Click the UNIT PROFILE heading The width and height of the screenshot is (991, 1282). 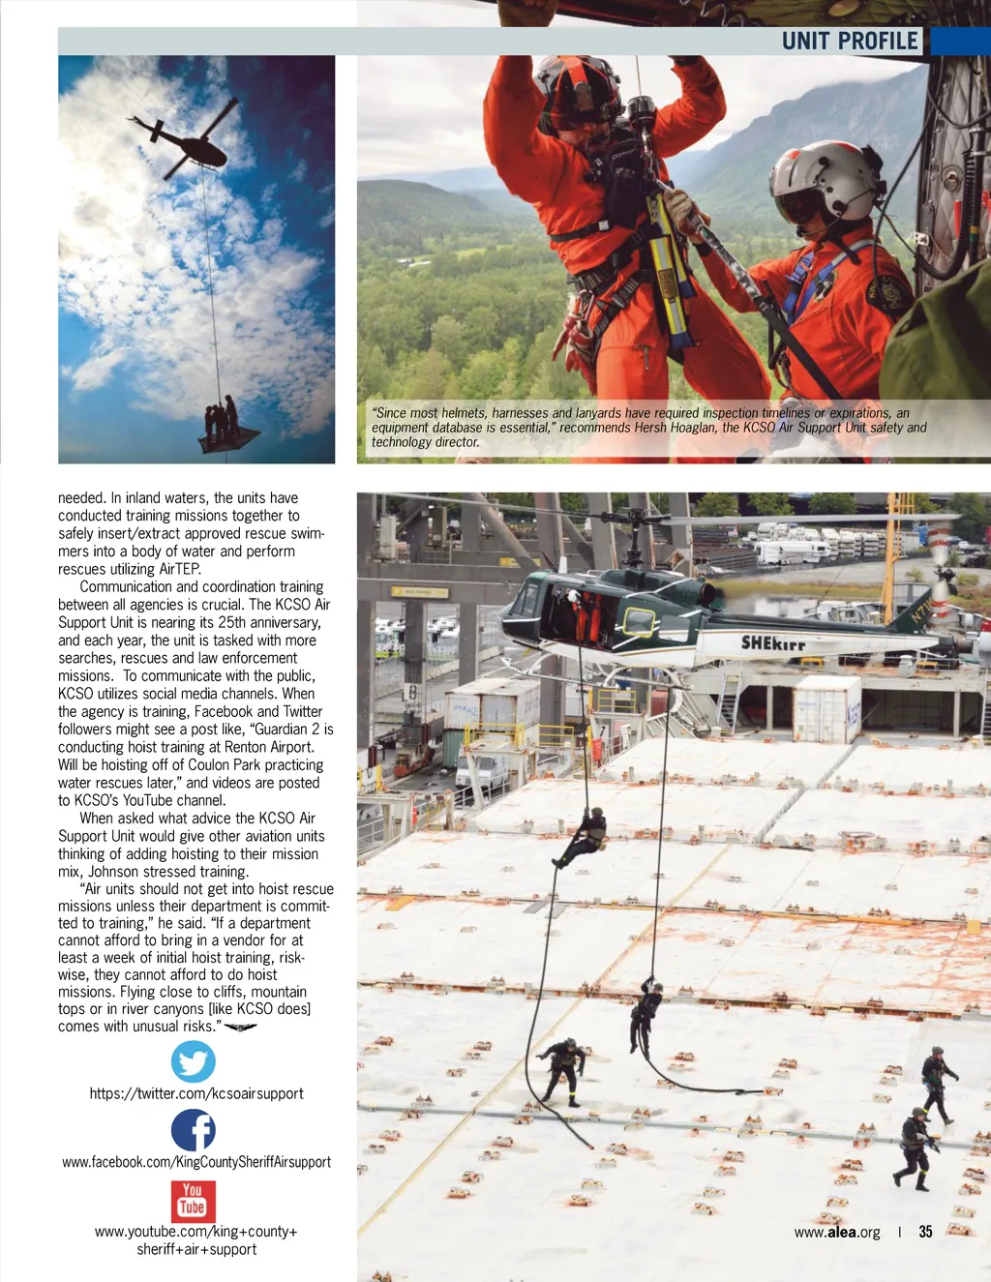[x=850, y=41]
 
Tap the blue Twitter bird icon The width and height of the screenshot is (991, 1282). [x=194, y=1061]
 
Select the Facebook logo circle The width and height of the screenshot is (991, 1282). [x=194, y=1130]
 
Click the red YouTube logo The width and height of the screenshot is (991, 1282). [x=194, y=1202]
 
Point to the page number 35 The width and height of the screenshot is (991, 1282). [x=925, y=1232]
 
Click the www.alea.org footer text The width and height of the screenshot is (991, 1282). [x=837, y=1233]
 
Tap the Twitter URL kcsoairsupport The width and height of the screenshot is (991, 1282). [x=196, y=1093]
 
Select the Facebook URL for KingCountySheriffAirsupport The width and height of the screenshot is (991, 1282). [x=196, y=1162]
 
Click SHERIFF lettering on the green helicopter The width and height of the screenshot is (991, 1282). [x=773, y=643]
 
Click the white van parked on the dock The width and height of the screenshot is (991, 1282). [x=481, y=770]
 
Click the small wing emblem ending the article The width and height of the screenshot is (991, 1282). [x=240, y=1028]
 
